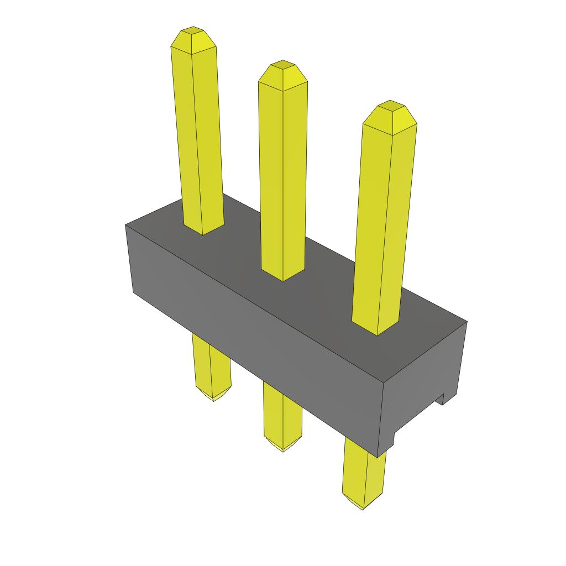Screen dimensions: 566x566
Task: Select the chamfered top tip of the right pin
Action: (x=390, y=113)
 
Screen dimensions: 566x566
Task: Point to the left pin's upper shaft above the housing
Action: (x=197, y=138)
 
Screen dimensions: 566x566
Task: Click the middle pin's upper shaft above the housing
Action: (x=282, y=177)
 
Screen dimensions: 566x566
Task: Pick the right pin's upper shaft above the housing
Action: (x=384, y=221)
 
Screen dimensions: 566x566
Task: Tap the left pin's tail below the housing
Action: (x=211, y=365)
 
